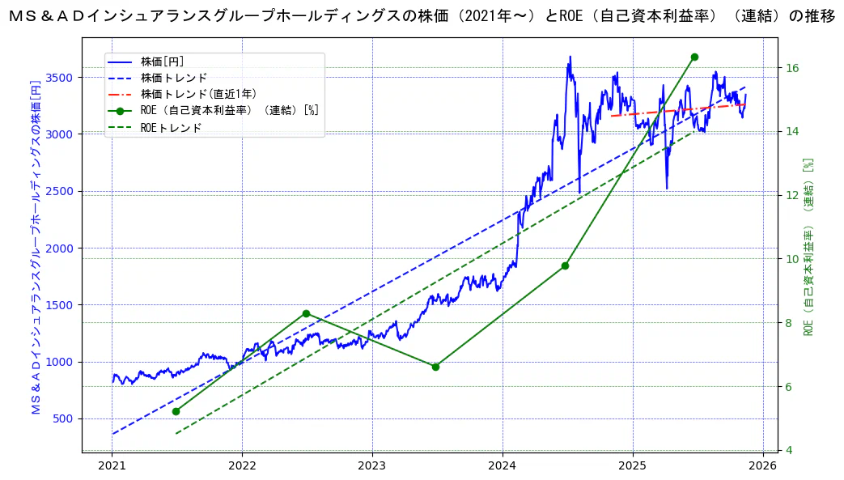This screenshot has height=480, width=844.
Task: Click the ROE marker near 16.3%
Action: click(x=694, y=57)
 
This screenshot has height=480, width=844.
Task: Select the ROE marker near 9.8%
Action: click(x=565, y=265)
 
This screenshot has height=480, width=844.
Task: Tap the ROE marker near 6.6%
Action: click(x=435, y=367)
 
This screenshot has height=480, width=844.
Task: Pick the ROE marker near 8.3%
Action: click(x=306, y=313)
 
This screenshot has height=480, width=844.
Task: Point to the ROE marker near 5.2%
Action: click(x=176, y=411)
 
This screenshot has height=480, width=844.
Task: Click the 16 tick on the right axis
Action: click(x=793, y=67)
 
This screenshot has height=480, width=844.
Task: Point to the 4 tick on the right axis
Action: click(x=790, y=450)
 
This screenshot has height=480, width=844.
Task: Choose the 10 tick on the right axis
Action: click(x=793, y=259)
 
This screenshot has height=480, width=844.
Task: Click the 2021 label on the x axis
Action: click(x=112, y=466)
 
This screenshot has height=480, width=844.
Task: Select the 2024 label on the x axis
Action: click(x=502, y=466)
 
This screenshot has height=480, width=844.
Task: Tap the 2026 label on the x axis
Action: click(x=762, y=466)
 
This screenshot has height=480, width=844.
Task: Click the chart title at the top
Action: click(x=422, y=15)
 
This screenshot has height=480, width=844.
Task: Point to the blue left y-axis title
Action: click(x=36, y=248)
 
